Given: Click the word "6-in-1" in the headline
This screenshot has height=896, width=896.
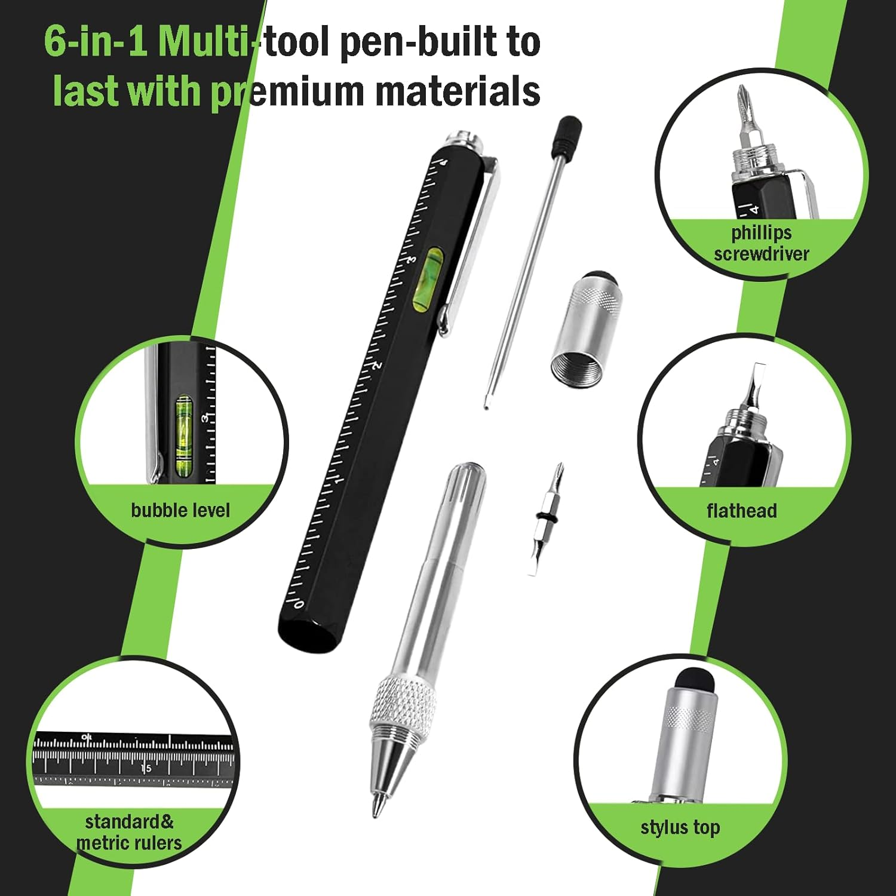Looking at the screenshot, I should [x=96, y=42].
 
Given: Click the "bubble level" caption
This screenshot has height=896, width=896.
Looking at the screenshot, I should [x=180, y=510].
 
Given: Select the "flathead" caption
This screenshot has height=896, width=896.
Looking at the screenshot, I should [x=741, y=511].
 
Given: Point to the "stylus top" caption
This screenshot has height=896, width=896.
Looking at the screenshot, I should [x=680, y=827].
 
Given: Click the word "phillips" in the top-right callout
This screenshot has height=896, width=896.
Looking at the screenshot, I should [x=762, y=232].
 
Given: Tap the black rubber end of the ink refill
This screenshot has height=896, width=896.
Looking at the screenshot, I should [x=568, y=135].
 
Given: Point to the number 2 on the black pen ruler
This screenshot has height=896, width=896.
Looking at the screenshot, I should [x=377, y=366].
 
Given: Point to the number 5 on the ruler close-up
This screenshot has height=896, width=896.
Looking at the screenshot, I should [x=148, y=768].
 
